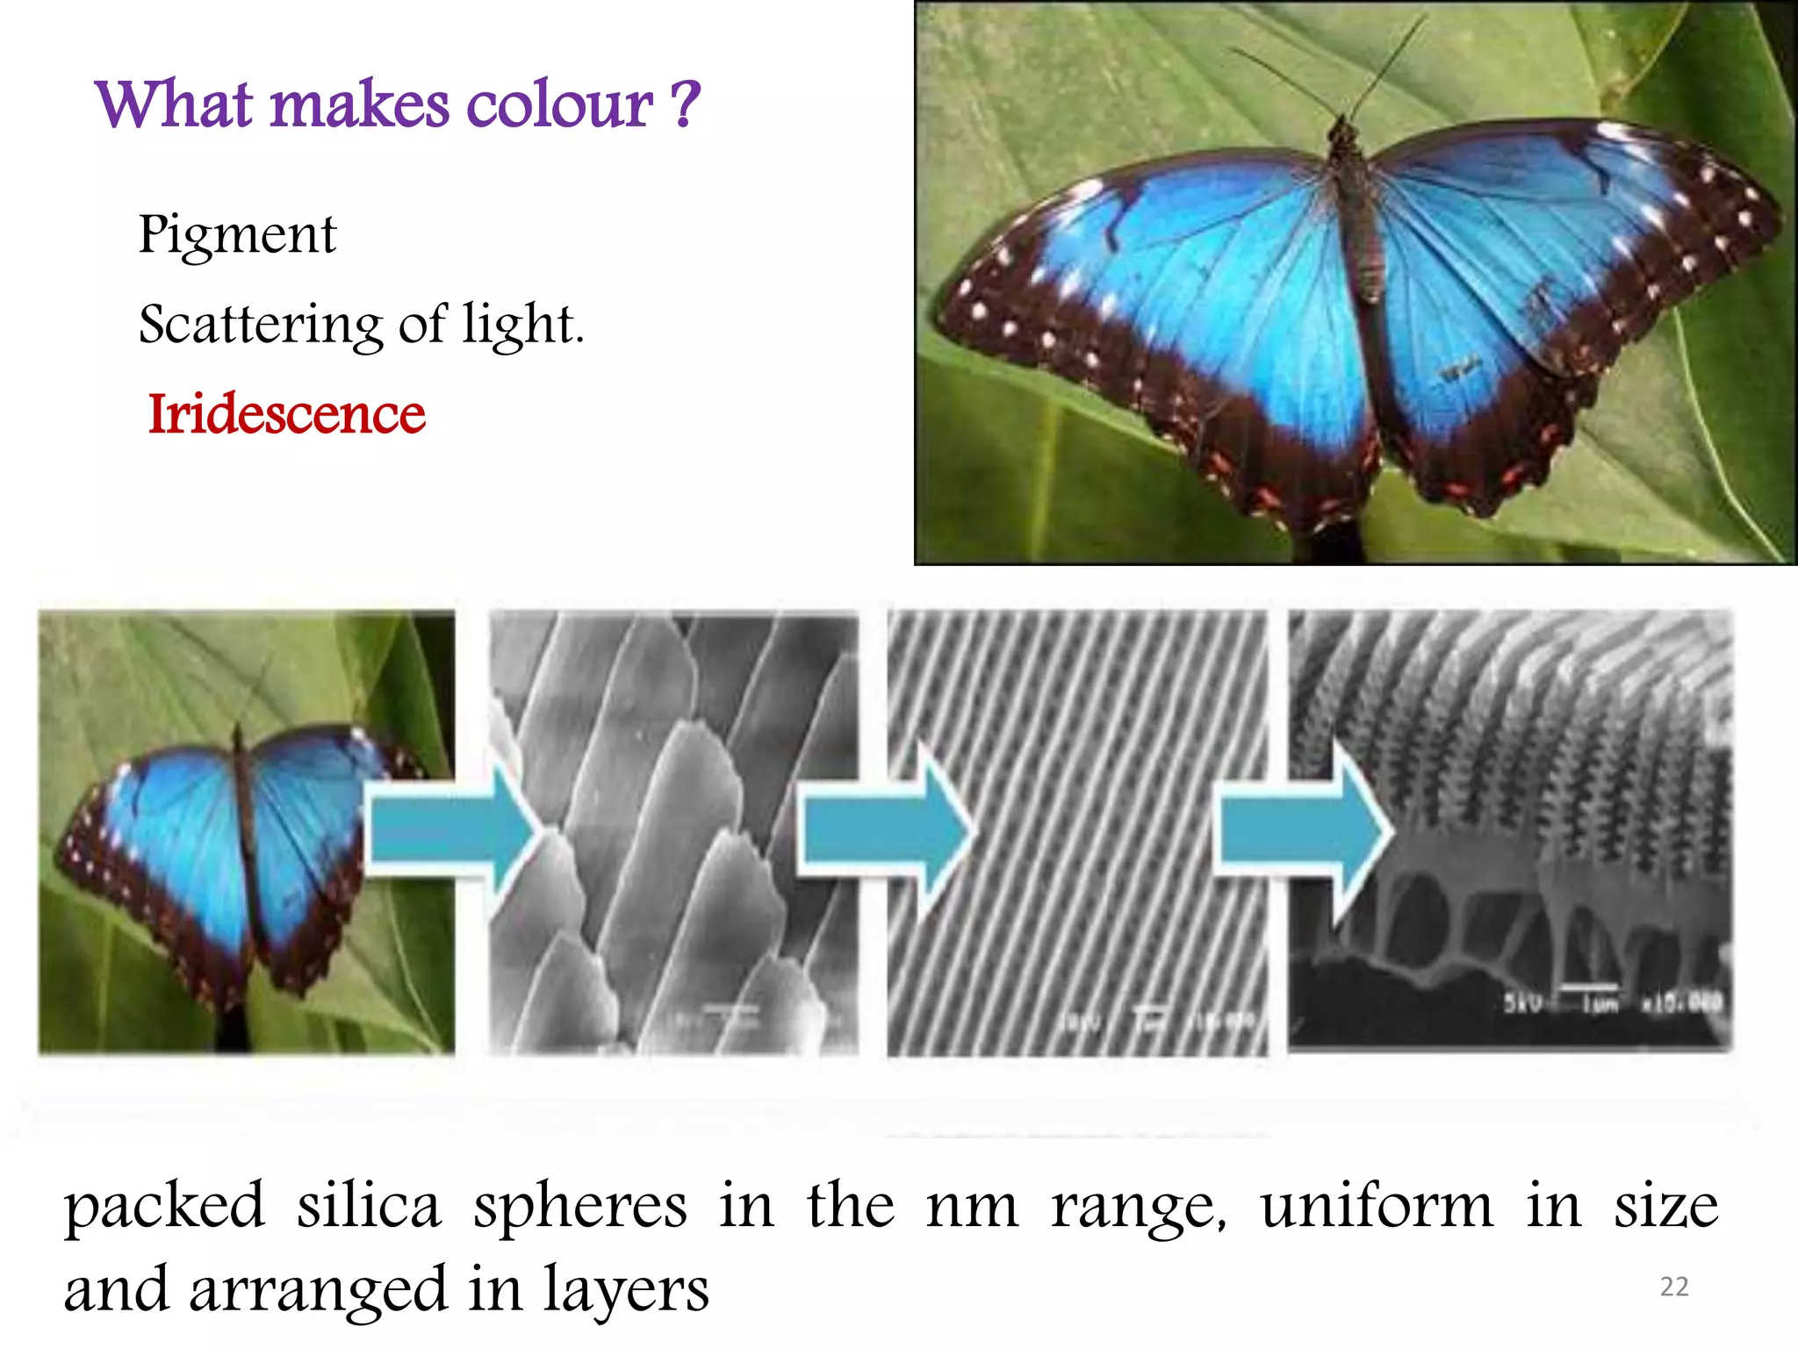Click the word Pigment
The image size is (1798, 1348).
(237, 235)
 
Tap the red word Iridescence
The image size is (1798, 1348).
(286, 413)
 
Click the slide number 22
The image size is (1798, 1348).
(1674, 1287)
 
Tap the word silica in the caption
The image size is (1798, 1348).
(369, 1206)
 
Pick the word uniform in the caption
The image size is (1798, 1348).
(1377, 1206)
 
